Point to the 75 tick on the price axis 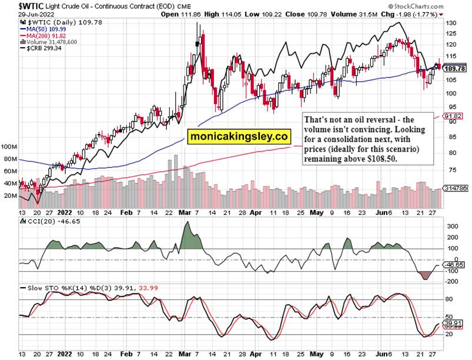451,169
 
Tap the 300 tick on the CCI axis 453,226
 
